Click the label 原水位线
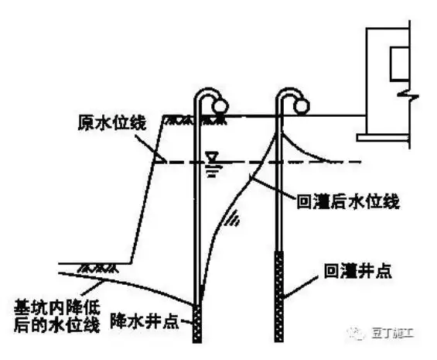[x=108, y=123]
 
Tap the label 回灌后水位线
[x=348, y=201]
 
